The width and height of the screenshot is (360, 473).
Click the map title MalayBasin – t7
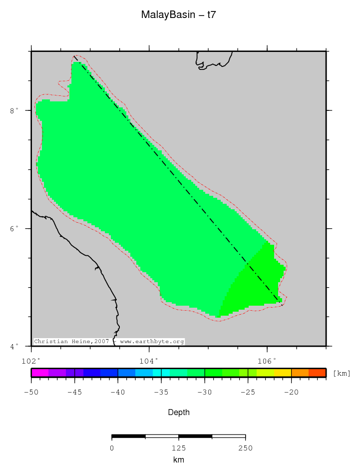(x=179, y=15)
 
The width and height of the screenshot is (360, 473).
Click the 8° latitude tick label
(x=14, y=110)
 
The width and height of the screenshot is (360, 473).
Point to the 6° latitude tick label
(x=14, y=228)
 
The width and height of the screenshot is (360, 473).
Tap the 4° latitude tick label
(x=14, y=346)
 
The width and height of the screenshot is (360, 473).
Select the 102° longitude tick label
(x=31, y=361)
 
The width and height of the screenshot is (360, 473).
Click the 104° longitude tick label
(x=149, y=361)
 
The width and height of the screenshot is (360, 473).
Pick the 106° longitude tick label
(x=267, y=361)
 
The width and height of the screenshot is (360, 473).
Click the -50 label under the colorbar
(x=31, y=393)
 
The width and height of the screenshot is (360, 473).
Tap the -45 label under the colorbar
(x=74, y=393)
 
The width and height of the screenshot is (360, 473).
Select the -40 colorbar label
(x=118, y=393)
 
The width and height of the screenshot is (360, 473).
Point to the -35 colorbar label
(x=161, y=393)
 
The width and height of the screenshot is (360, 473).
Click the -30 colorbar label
(x=205, y=393)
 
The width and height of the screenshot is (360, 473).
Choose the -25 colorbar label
(x=248, y=393)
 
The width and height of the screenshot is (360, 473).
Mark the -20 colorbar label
(x=292, y=393)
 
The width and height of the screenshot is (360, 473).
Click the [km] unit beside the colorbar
(x=342, y=373)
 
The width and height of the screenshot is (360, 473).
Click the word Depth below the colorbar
(x=179, y=413)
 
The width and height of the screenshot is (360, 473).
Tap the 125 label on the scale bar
(x=179, y=448)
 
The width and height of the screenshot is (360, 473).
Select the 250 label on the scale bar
(x=245, y=448)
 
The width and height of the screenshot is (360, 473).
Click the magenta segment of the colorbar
(x=39, y=373)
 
